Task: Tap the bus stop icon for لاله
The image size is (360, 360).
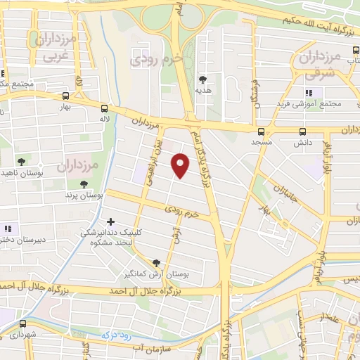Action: (104, 108)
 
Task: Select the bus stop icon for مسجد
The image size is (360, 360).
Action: (262, 131)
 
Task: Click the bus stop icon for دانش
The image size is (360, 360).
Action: (303, 131)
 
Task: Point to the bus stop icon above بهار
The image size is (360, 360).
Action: (65, 96)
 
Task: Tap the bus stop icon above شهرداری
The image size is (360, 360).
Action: (24, 324)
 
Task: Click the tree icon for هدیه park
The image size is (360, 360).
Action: (203, 79)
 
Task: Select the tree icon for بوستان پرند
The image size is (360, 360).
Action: (84, 184)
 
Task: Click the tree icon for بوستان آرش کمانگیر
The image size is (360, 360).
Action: (156, 262)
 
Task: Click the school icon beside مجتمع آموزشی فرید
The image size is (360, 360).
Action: (308, 93)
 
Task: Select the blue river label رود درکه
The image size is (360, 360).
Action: (115, 335)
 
